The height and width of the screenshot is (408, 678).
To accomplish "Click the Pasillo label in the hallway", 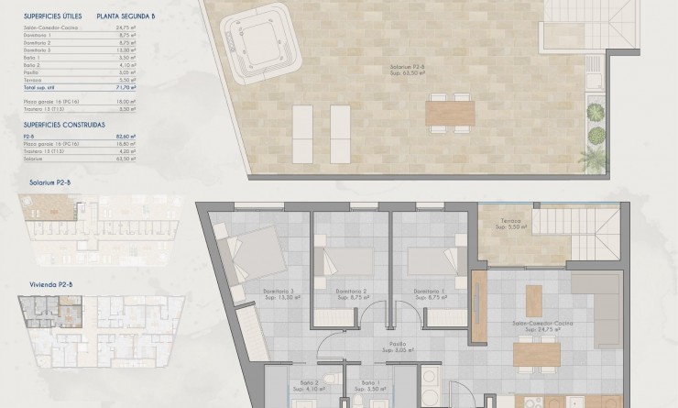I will pos(396,346).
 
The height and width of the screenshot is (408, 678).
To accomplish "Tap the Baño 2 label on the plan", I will pos(309,383).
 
